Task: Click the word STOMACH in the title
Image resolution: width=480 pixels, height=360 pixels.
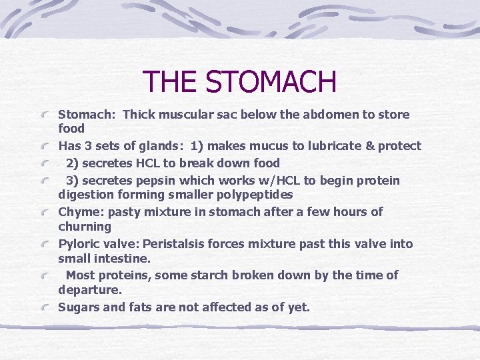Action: [x=271, y=82]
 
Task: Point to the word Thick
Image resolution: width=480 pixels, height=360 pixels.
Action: [x=141, y=115]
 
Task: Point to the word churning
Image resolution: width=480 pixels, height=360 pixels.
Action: [x=85, y=227]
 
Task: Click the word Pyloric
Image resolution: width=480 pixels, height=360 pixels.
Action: [x=79, y=244]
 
